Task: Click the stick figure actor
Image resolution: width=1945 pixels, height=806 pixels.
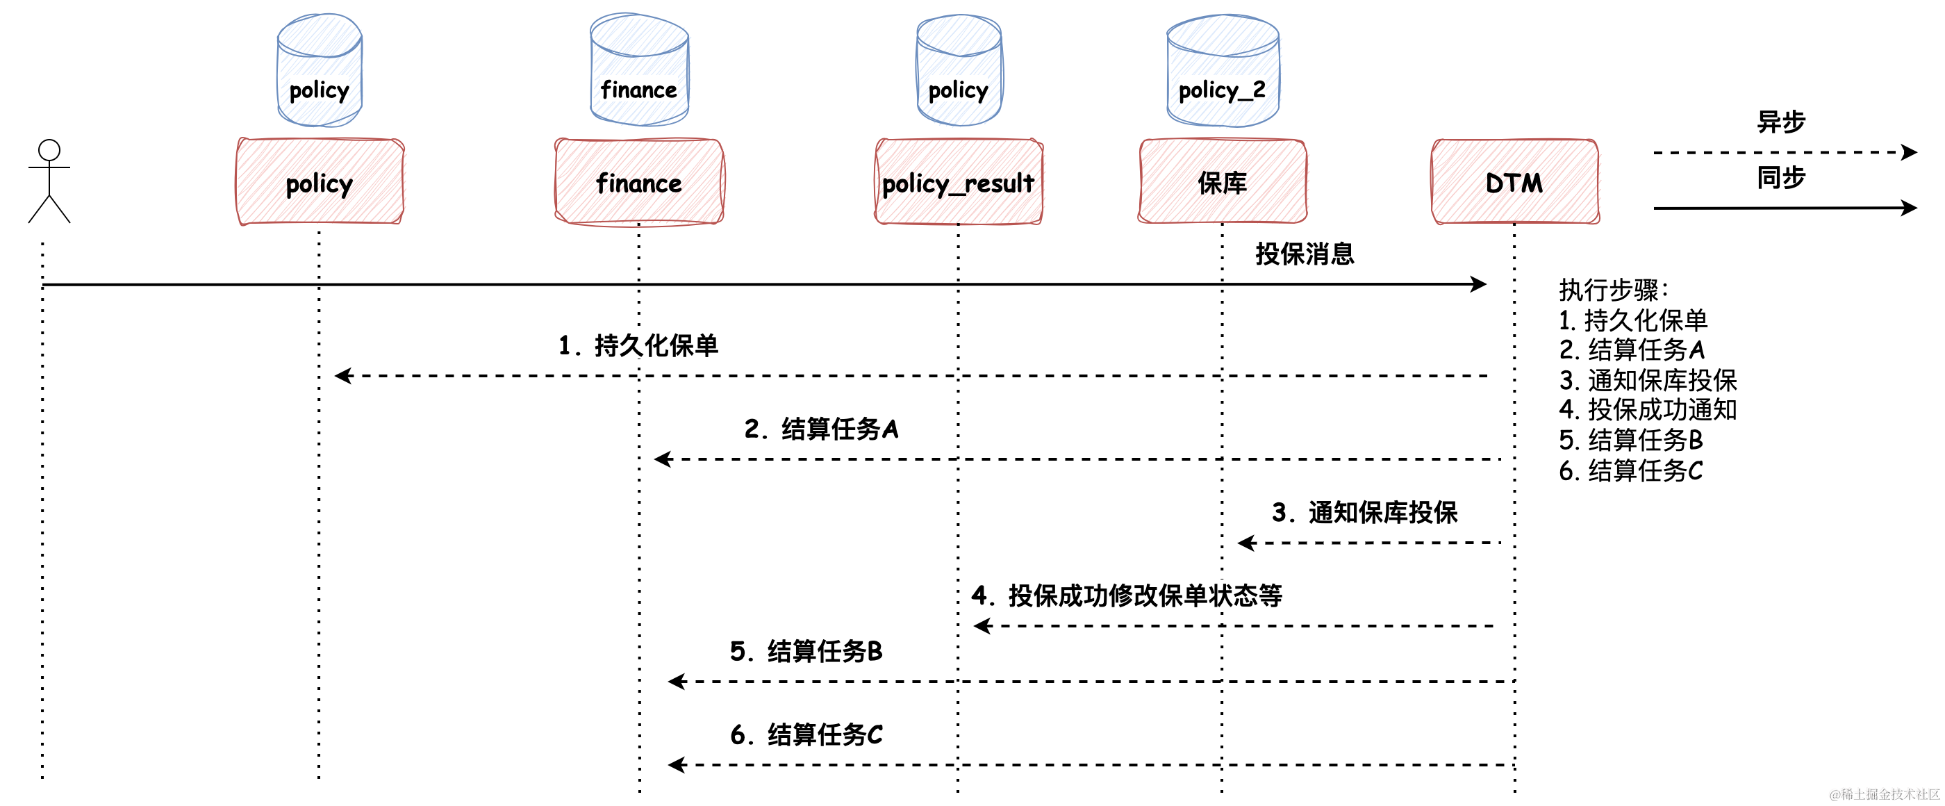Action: tap(49, 181)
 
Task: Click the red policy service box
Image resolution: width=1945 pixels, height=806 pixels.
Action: tap(320, 182)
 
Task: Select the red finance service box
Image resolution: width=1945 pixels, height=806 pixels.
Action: tap(639, 182)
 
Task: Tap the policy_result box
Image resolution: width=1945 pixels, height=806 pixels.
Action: tap(958, 182)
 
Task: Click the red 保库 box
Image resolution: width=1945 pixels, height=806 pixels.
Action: tap(1223, 182)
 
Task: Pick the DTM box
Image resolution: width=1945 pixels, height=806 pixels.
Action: tap(1514, 182)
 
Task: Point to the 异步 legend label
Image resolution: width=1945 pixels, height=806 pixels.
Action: tap(1780, 122)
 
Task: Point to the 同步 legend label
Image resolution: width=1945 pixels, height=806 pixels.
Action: tap(1780, 177)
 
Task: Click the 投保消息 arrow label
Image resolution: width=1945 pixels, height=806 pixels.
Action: tap(1304, 254)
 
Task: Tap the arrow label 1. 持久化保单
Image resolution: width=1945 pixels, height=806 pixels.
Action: tap(638, 345)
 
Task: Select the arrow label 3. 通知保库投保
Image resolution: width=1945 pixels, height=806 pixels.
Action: tap(1364, 512)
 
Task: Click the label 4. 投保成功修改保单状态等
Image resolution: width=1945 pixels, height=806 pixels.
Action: tap(1127, 595)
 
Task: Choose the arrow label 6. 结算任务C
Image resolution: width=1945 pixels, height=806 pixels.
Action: tap(806, 734)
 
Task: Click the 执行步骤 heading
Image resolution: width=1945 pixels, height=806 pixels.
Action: tap(1613, 289)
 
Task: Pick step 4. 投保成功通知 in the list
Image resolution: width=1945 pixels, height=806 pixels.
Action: tap(1648, 409)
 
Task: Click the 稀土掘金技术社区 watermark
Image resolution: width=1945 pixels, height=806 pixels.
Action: tap(1884, 794)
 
